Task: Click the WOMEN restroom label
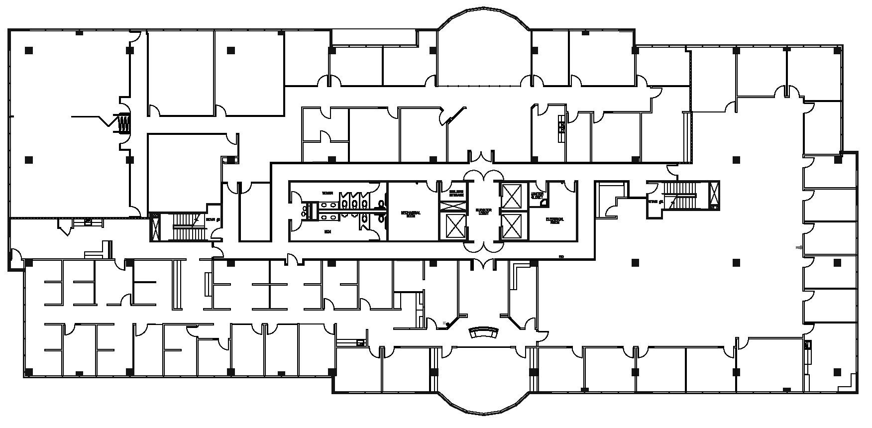click(327, 193)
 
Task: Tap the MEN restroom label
click(327, 231)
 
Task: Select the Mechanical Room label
click(411, 214)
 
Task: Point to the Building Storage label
click(456, 194)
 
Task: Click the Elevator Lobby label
click(483, 212)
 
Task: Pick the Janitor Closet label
click(537, 195)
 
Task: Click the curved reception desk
click(484, 332)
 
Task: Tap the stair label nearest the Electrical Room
click(654, 202)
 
